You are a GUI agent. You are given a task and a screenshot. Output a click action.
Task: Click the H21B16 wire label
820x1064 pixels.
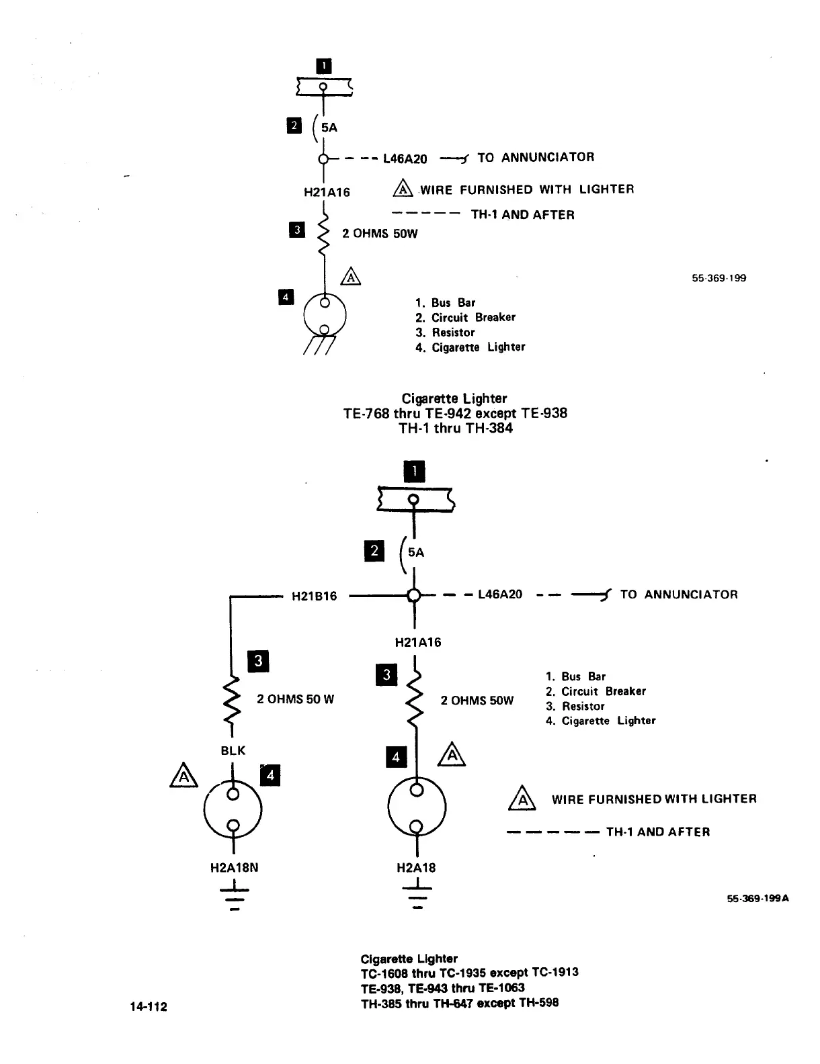[314, 596]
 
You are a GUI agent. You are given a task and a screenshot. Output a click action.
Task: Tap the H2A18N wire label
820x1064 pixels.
[234, 867]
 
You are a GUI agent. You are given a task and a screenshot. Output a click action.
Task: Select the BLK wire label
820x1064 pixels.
[233, 750]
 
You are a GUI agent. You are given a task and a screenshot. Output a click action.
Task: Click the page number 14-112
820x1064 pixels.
[149, 1006]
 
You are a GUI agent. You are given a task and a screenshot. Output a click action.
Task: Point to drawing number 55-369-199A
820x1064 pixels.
[757, 898]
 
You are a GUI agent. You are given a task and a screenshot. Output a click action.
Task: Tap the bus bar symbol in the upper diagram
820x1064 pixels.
[324, 87]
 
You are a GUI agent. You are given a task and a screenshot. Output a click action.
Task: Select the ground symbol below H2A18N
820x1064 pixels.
[234, 897]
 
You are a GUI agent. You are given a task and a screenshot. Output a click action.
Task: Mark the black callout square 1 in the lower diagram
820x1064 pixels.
[415, 472]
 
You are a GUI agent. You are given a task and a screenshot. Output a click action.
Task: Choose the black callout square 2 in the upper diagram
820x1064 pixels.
[294, 126]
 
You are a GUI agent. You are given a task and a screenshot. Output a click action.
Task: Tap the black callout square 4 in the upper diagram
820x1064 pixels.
[286, 296]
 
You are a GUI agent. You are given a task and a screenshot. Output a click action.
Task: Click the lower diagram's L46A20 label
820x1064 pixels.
[500, 594]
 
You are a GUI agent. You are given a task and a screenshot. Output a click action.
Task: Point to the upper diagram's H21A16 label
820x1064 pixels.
[327, 192]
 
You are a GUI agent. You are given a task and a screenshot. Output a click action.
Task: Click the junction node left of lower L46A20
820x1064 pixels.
[414, 595]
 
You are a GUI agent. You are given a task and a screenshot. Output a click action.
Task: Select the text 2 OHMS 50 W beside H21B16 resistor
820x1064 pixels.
[295, 699]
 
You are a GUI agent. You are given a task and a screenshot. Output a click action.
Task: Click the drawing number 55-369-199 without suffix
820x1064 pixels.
[719, 278]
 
